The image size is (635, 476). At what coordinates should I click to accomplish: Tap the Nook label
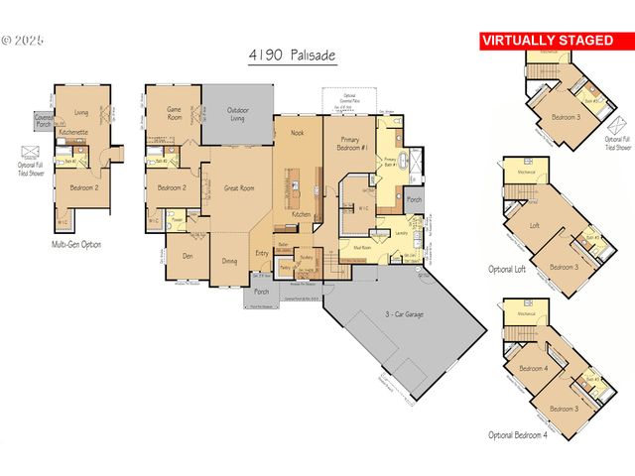pos(296,132)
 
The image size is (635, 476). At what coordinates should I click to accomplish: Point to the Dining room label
pos(229,263)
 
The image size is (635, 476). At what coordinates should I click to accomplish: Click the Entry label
pos(262,253)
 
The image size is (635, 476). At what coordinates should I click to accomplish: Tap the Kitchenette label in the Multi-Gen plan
pos(74,131)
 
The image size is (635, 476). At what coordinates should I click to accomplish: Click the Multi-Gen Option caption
pos(76,244)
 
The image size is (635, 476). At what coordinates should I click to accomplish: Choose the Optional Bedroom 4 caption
pos(517,434)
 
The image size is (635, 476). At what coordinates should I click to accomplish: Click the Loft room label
pos(535,226)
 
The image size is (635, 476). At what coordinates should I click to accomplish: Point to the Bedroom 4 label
pos(533,369)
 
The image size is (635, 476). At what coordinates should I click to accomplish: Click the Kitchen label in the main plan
pos(302,214)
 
